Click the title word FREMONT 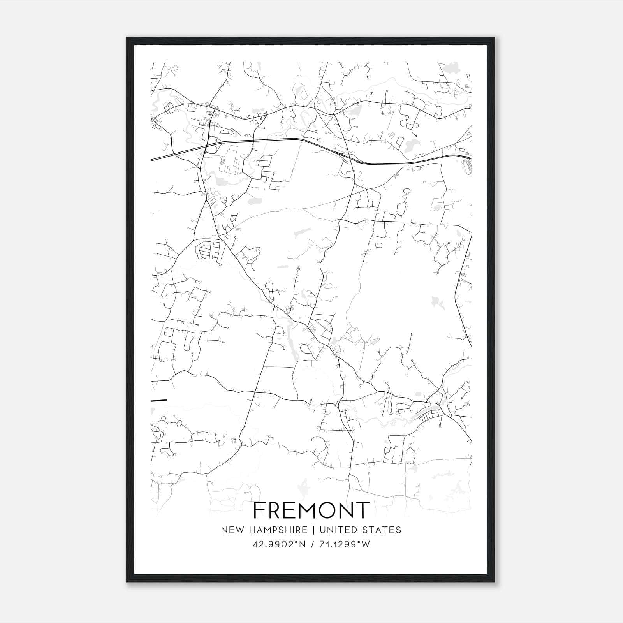coord(311,510)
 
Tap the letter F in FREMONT coord(260,510)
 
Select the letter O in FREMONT coord(328,510)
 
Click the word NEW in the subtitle coord(230,530)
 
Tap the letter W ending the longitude coord(366,544)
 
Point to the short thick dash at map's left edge coord(159,400)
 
